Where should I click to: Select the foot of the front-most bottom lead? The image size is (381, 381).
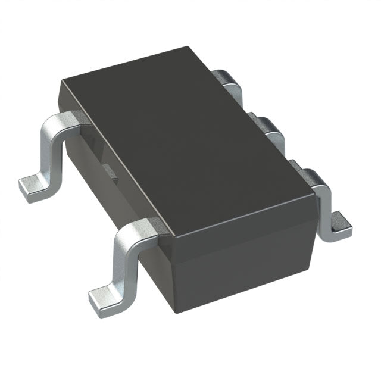pyautogui.click(x=106, y=297)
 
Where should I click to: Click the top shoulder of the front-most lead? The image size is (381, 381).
pyautogui.click(x=140, y=229)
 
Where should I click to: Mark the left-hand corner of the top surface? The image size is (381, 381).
pyautogui.click(x=60, y=83)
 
